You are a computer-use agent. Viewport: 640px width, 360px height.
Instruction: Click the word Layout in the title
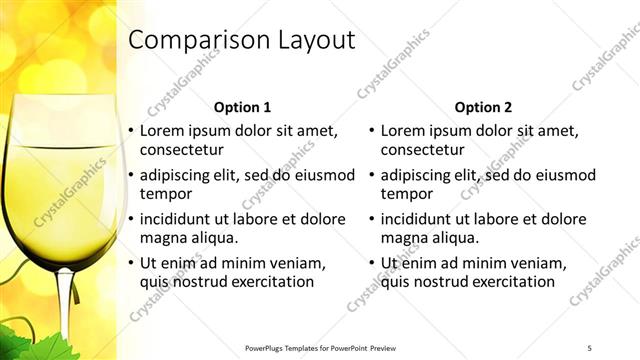[x=317, y=41]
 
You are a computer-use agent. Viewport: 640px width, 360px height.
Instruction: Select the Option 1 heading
[x=242, y=107]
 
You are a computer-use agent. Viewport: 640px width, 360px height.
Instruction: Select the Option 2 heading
[x=483, y=107]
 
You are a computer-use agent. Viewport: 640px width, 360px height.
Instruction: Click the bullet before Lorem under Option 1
[x=131, y=131]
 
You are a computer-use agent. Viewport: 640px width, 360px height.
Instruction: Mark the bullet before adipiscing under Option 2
[x=372, y=175]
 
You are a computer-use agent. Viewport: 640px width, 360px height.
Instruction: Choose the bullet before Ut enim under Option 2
[x=372, y=263]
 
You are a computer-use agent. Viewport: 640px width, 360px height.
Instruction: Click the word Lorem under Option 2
[x=404, y=131]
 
